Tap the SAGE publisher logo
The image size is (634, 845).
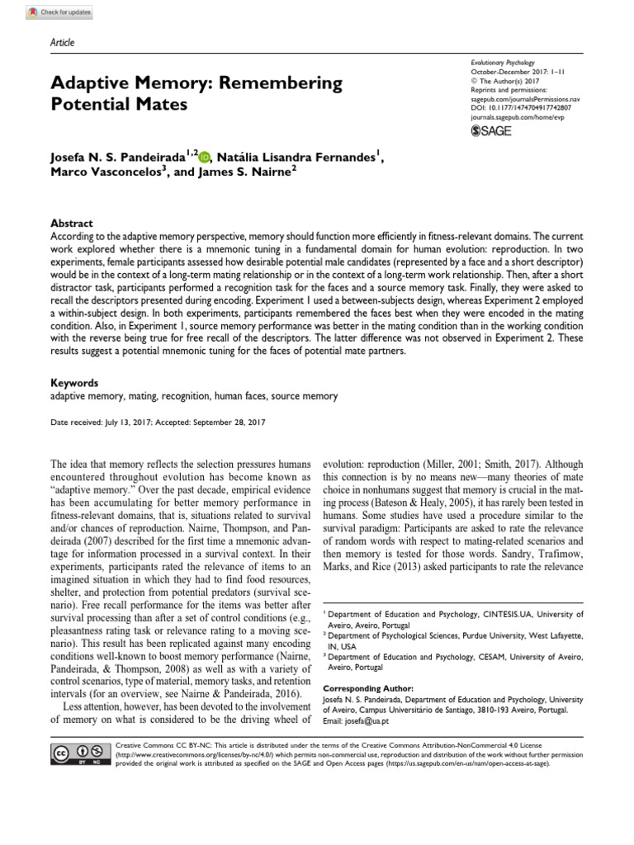491,130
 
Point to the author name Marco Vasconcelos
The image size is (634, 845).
107,173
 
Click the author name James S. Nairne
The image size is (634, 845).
245,173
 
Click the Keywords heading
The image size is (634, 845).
75,383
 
